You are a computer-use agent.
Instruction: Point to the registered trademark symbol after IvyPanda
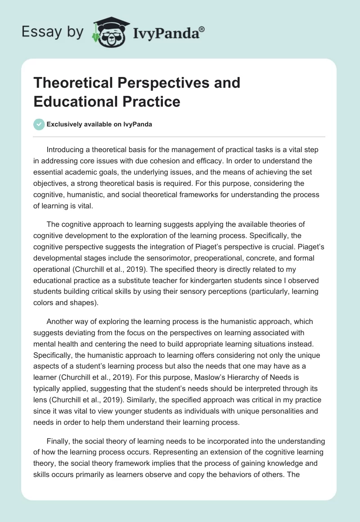click(x=202, y=28)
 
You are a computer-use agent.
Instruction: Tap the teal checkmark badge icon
click(x=39, y=124)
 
